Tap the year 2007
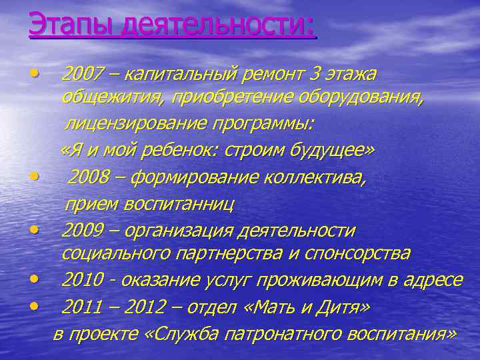pyautogui.click(x=81, y=73)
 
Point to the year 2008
pyautogui.click(x=88, y=177)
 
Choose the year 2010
pyautogui.click(x=81, y=280)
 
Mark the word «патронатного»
pyautogui.click(x=281, y=333)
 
